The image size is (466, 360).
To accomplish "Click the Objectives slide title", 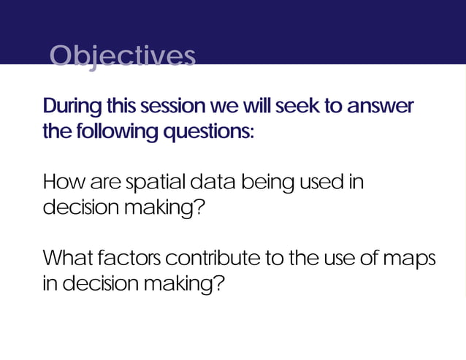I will pyautogui.click(x=123, y=55).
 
